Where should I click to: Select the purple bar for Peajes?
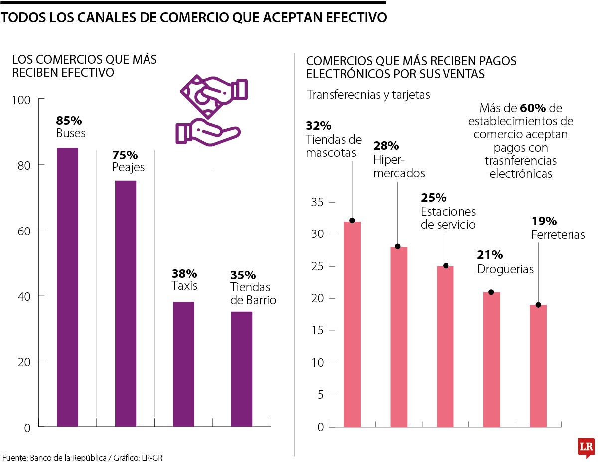coord(126,303)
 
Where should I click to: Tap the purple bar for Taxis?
coord(183,364)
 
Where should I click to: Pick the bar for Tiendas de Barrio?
coord(242,369)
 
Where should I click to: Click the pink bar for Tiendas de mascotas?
coord(352,324)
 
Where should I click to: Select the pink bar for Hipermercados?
coord(399,337)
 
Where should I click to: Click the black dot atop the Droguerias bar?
coord(491,292)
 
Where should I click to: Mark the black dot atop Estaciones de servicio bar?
coord(446,266)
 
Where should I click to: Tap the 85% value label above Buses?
coord(69,121)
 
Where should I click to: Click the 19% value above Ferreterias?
coord(544,221)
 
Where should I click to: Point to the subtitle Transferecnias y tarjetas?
coord(368,95)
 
